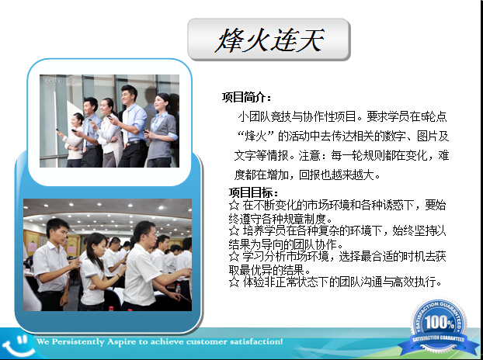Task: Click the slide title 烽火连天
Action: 269,40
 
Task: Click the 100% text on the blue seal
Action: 440,322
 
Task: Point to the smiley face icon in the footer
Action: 17,346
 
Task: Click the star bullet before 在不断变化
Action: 234,206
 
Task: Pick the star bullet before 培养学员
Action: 234,230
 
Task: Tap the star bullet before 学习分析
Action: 234,256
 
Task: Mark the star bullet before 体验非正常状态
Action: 234,282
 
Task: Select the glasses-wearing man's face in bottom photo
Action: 150,235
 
